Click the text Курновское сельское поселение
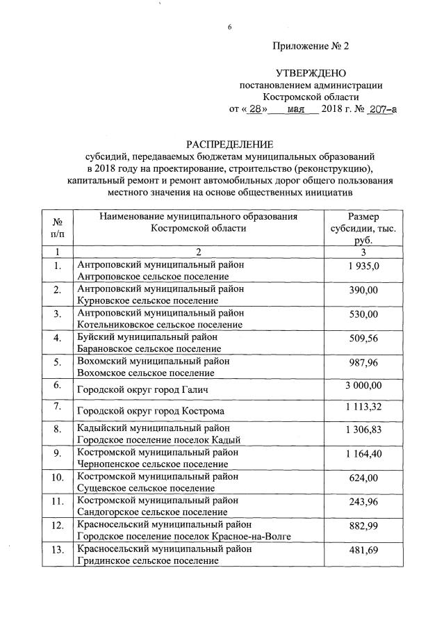[x=148, y=300]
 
